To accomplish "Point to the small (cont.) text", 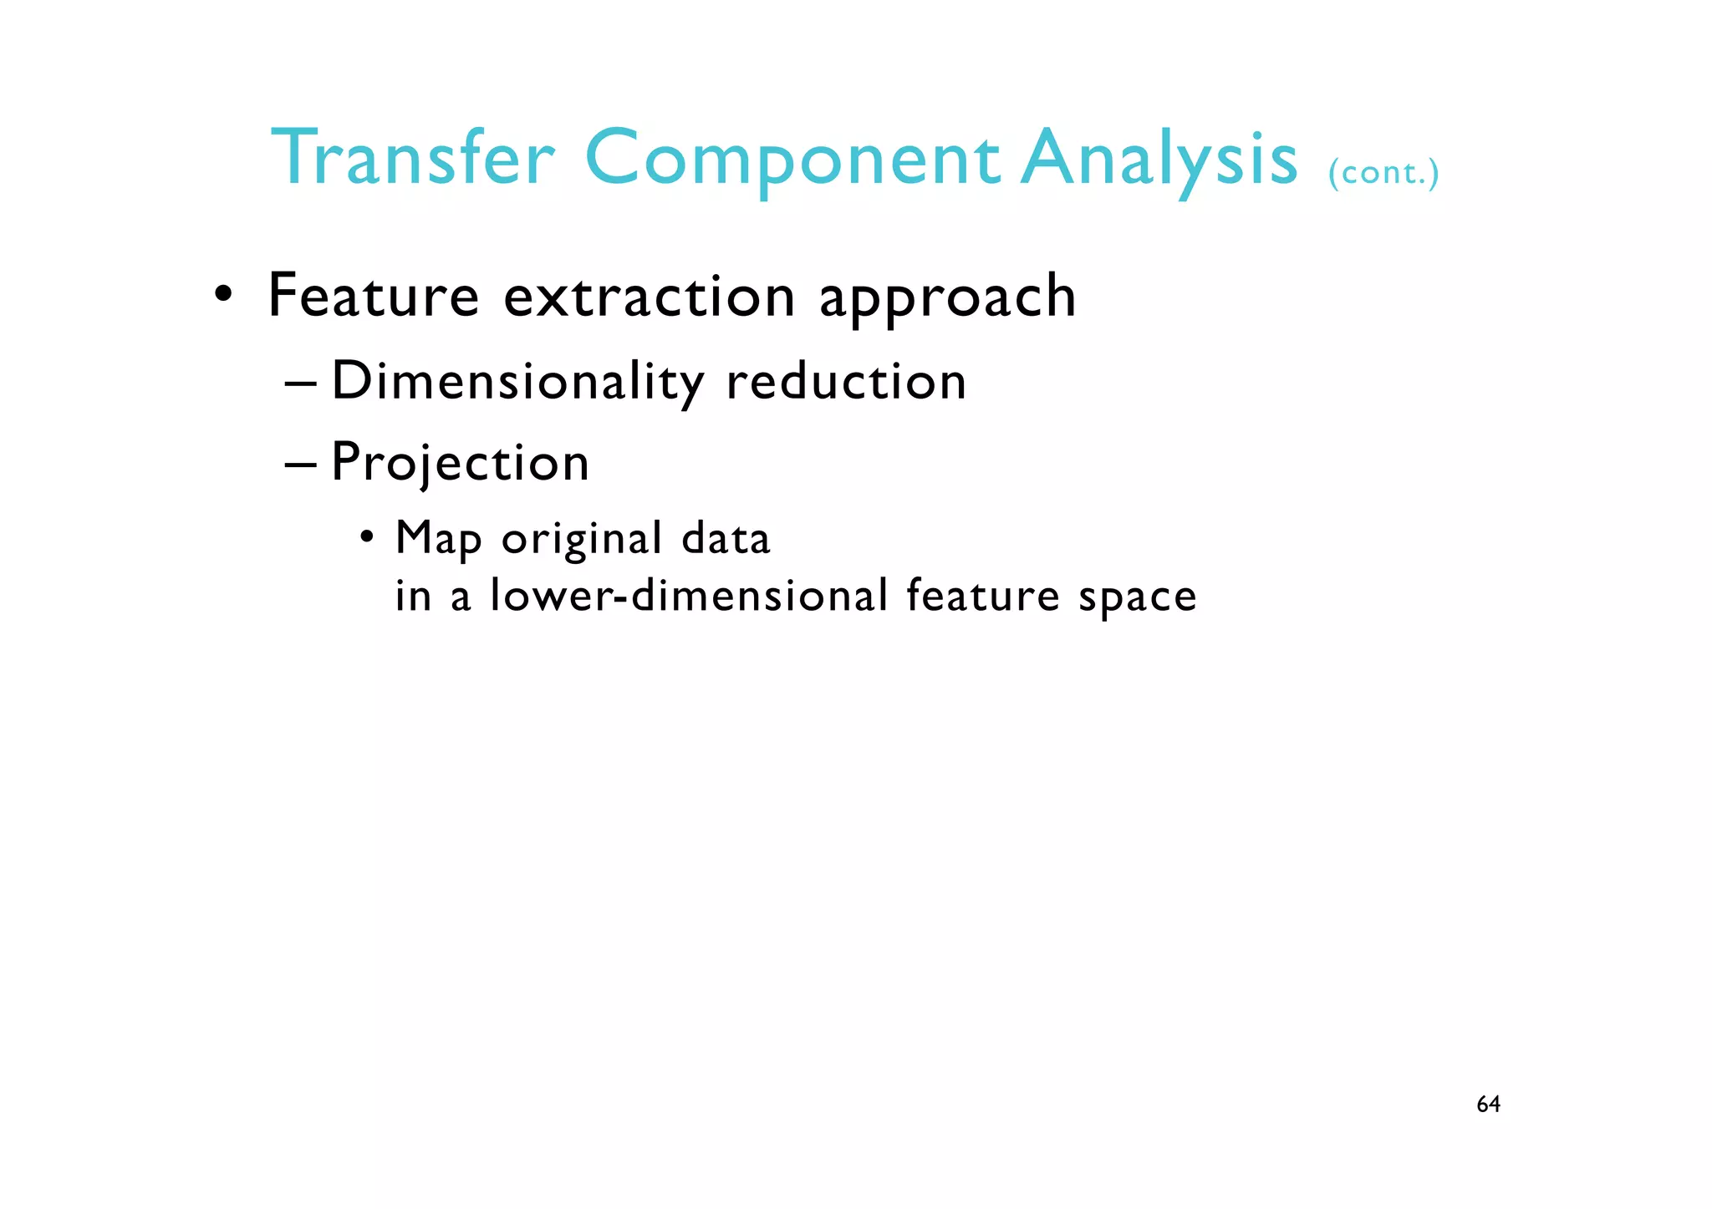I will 1383,172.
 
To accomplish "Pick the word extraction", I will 650,297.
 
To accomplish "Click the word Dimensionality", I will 518,383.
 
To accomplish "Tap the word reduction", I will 846,382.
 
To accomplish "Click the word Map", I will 439,539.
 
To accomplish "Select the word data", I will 726,538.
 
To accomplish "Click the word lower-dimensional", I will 689,596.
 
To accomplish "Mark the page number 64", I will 1488,1105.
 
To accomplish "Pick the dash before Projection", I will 300,465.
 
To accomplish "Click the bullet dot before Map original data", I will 367,536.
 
